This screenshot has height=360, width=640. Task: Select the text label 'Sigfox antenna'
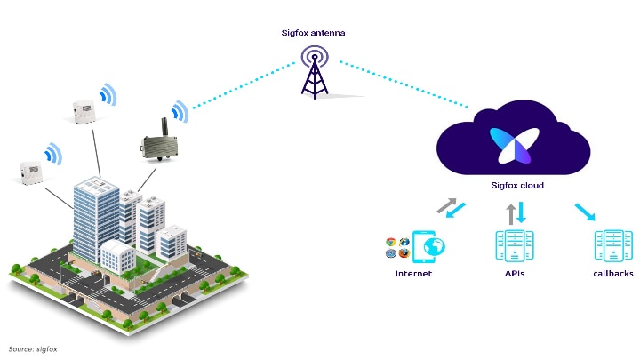point(314,33)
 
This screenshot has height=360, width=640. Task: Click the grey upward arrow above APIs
point(510,213)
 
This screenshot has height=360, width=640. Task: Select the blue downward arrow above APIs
point(521,212)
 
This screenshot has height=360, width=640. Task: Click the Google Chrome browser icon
point(390,242)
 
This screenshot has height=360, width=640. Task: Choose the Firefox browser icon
point(404,253)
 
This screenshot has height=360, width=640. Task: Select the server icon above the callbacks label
point(612,247)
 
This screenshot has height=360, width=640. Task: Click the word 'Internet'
point(413,274)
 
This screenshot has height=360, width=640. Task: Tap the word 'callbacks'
point(612,274)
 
